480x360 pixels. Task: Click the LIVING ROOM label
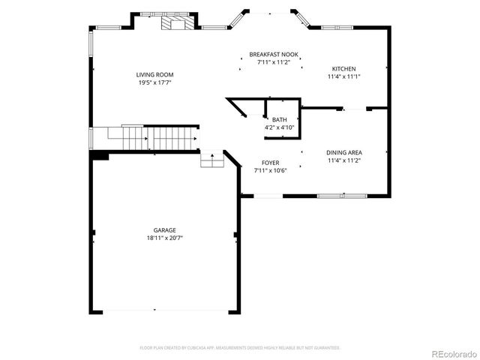point(154,74)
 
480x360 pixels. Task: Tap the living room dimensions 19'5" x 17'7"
point(154,82)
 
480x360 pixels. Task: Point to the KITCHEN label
point(343,69)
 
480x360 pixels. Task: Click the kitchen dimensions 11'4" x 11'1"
point(343,76)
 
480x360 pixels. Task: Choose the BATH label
point(279,120)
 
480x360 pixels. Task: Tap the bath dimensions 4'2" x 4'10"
point(279,127)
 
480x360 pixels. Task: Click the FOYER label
point(271,163)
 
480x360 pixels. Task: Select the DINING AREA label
point(344,153)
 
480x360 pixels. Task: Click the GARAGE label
point(165,229)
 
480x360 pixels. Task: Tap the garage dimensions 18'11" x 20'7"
point(165,238)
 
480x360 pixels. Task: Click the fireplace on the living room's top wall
point(175,22)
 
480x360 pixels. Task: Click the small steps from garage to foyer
point(212,160)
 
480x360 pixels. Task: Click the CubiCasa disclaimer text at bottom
point(240,348)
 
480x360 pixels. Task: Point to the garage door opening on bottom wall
point(165,310)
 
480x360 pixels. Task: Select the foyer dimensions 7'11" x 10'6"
point(271,170)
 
